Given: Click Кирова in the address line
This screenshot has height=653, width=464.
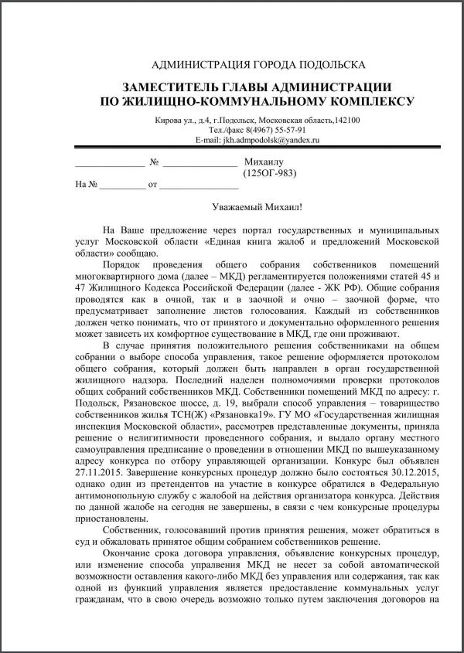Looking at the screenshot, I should [169, 121].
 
